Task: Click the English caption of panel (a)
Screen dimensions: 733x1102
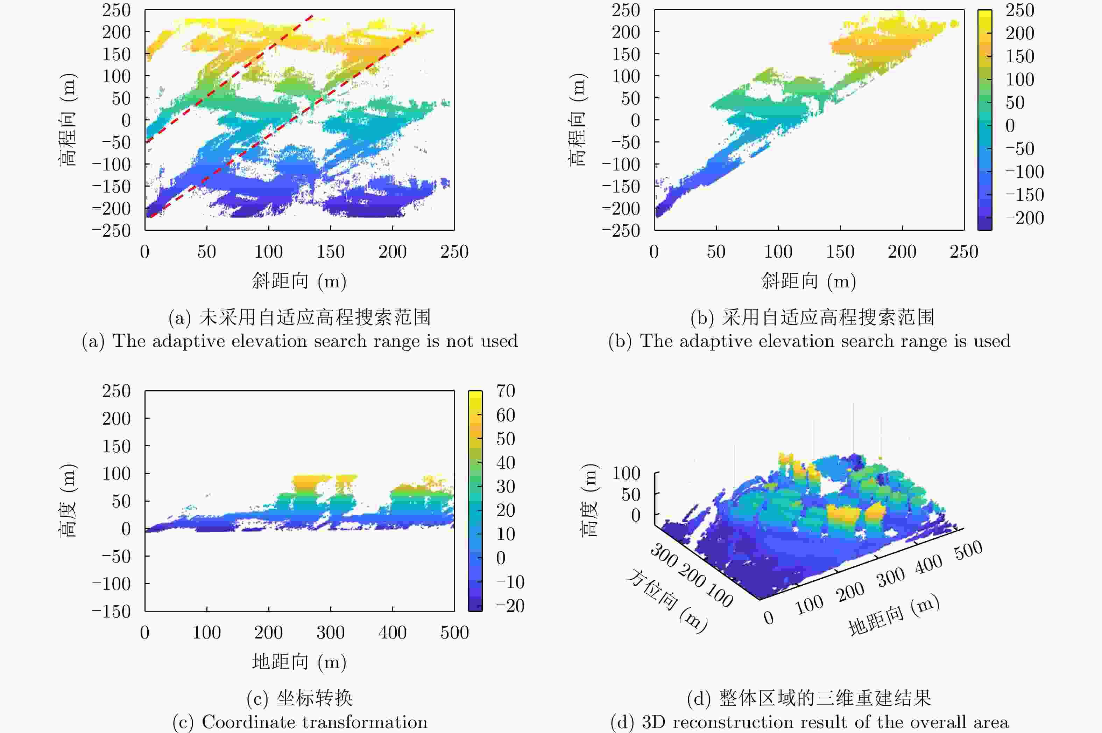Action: tap(299, 341)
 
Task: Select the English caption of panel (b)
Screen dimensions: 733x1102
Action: tap(809, 341)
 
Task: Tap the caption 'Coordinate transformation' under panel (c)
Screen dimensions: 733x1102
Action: tap(299, 722)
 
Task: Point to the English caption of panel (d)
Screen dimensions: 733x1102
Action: tap(809, 722)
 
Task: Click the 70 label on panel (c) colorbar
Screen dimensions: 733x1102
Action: tap(506, 391)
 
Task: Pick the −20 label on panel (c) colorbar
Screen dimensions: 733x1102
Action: tap(510, 606)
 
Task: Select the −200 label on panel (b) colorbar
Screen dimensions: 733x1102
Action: tap(1024, 218)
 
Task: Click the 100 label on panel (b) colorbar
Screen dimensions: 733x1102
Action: tap(1020, 79)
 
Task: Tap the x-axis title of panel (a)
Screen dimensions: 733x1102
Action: tap(299, 281)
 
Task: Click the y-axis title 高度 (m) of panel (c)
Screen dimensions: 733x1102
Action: tap(68, 501)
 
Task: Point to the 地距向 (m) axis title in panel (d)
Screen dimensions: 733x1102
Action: tap(893, 616)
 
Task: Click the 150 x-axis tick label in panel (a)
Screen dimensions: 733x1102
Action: tap(330, 252)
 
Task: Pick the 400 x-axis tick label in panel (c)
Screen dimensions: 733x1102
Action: tap(393, 633)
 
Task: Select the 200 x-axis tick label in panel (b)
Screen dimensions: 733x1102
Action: tap(902, 252)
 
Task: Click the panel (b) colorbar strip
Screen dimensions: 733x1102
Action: tap(984, 120)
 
